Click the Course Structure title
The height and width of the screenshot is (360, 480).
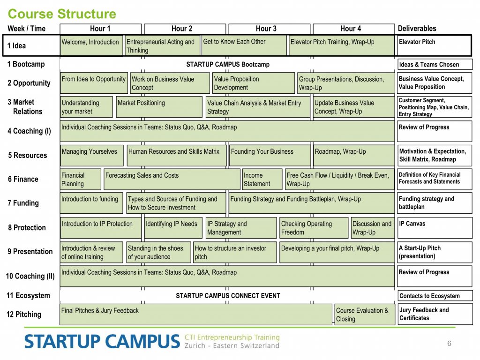click(62, 14)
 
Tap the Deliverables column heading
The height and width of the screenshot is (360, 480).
click(417, 29)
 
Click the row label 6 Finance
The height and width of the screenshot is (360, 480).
click(23, 179)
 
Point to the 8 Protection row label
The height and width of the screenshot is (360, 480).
click(27, 227)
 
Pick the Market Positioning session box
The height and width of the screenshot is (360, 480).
click(159, 106)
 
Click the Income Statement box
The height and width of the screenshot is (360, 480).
click(262, 179)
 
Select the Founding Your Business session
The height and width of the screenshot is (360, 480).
click(270, 155)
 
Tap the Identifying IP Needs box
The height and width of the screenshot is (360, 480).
click(173, 227)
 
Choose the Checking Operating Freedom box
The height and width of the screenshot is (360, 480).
click(314, 227)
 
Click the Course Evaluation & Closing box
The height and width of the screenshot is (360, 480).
click(365, 314)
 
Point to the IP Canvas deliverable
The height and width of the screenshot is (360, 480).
click(435, 227)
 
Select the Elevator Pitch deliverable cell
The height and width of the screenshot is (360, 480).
click(434, 45)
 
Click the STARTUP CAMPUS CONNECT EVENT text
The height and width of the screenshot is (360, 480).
click(228, 296)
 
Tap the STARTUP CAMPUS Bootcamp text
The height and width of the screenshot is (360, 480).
click(228, 64)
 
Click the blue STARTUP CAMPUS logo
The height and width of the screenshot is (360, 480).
click(102, 342)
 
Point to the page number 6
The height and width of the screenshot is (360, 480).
click(449, 343)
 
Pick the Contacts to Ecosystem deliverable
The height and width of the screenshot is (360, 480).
click(435, 296)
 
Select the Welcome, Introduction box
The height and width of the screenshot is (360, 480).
click(91, 45)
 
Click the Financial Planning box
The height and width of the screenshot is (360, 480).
click(81, 179)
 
